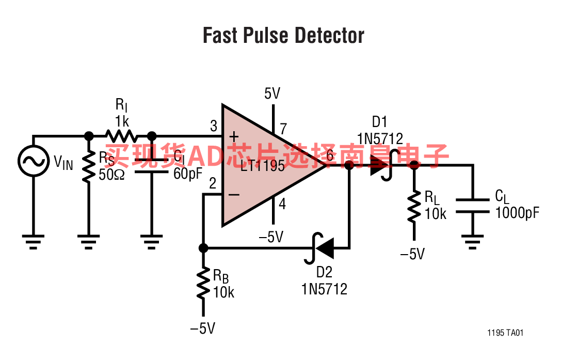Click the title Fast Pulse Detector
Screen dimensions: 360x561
point(283,36)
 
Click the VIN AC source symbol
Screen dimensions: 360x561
point(34,161)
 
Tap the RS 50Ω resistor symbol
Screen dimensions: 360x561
point(89,166)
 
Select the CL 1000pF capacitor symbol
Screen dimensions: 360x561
point(472,206)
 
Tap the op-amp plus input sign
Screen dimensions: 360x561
point(234,137)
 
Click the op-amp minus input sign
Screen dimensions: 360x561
point(234,195)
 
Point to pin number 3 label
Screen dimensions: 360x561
point(214,126)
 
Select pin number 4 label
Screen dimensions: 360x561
point(282,204)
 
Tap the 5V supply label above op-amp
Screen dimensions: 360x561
point(272,93)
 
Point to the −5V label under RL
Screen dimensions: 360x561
point(413,254)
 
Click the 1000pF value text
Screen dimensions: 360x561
point(517,212)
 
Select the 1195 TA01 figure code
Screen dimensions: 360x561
point(505,333)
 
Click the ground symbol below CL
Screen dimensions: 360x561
point(472,241)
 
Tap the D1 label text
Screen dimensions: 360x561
point(379,122)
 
